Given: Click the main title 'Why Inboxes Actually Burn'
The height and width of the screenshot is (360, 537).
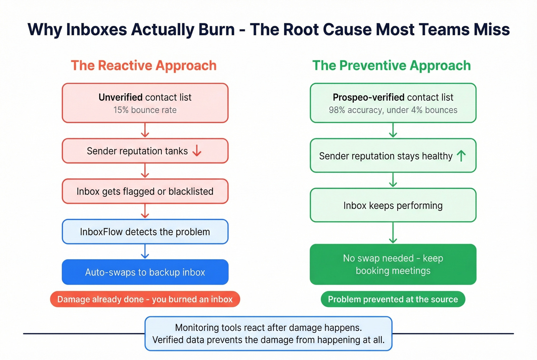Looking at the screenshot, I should (268, 30).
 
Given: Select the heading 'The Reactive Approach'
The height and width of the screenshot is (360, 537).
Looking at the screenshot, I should (143, 66).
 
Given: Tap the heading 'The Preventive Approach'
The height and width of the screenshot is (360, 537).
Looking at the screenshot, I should (391, 66).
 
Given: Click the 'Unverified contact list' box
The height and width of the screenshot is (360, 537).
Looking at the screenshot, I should (145, 103).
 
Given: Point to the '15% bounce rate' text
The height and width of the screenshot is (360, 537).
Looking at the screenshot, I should (145, 110).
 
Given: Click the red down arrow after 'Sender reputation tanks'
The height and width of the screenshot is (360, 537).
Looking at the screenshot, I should (197, 151).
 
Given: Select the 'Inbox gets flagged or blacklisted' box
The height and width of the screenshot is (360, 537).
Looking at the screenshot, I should (145, 191).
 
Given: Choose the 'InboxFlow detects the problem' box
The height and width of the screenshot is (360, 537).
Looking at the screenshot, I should (145, 232).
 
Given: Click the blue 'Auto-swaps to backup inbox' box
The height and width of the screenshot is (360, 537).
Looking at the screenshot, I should (145, 272).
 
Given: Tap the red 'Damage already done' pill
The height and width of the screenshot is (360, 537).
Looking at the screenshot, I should (145, 299).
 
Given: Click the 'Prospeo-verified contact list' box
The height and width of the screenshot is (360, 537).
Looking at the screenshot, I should (393, 103).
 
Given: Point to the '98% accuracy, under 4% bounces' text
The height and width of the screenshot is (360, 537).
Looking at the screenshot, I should (393, 110).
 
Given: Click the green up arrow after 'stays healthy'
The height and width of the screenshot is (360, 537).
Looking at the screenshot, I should (461, 156).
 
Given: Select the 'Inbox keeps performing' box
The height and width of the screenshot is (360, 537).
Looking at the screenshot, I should (393, 205).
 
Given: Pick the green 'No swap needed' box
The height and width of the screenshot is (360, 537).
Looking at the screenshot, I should (393, 265).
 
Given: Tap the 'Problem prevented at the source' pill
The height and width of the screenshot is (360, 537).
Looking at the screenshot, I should (393, 299).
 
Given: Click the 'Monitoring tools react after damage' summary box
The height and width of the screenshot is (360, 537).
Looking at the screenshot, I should (268, 334).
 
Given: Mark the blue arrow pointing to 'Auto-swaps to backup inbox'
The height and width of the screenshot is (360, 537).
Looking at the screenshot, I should (145, 252).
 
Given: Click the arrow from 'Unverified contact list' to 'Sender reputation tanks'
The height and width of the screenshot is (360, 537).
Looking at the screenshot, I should (145, 130).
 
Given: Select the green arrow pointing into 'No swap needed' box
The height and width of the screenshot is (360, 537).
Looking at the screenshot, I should (393, 233).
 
